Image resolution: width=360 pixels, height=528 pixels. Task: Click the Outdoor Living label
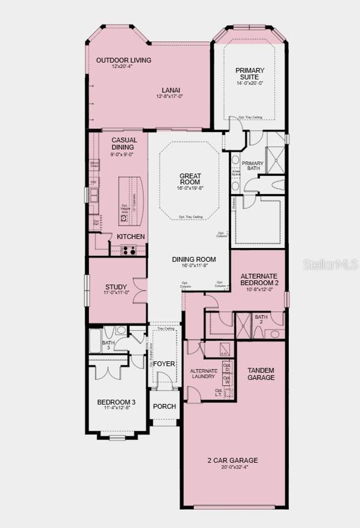click(124, 60)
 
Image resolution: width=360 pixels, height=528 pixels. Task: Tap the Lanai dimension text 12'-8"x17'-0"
click(170, 96)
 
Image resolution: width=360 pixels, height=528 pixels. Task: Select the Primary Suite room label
click(250, 73)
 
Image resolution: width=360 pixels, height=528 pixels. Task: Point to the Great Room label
click(190, 179)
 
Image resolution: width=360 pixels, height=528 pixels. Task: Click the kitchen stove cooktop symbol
click(128, 251)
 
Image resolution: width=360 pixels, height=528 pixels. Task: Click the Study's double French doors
click(140, 290)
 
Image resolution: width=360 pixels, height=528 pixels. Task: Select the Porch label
click(165, 406)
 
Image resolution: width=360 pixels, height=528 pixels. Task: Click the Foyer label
click(164, 363)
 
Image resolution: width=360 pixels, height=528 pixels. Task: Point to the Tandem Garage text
click(261, 374)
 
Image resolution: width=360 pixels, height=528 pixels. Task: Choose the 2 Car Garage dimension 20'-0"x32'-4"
click(233, 467)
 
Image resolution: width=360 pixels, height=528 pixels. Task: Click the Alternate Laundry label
click(204, 373)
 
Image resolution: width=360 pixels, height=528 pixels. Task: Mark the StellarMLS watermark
click(330, 264)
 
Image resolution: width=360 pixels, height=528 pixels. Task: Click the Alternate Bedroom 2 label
click(259, 279)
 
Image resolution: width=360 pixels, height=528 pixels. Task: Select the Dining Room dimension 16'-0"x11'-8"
click(194, 266)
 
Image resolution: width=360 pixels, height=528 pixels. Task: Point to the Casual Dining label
click(124, 143)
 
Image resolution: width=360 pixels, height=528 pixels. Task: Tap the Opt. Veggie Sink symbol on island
click(124, 218)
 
